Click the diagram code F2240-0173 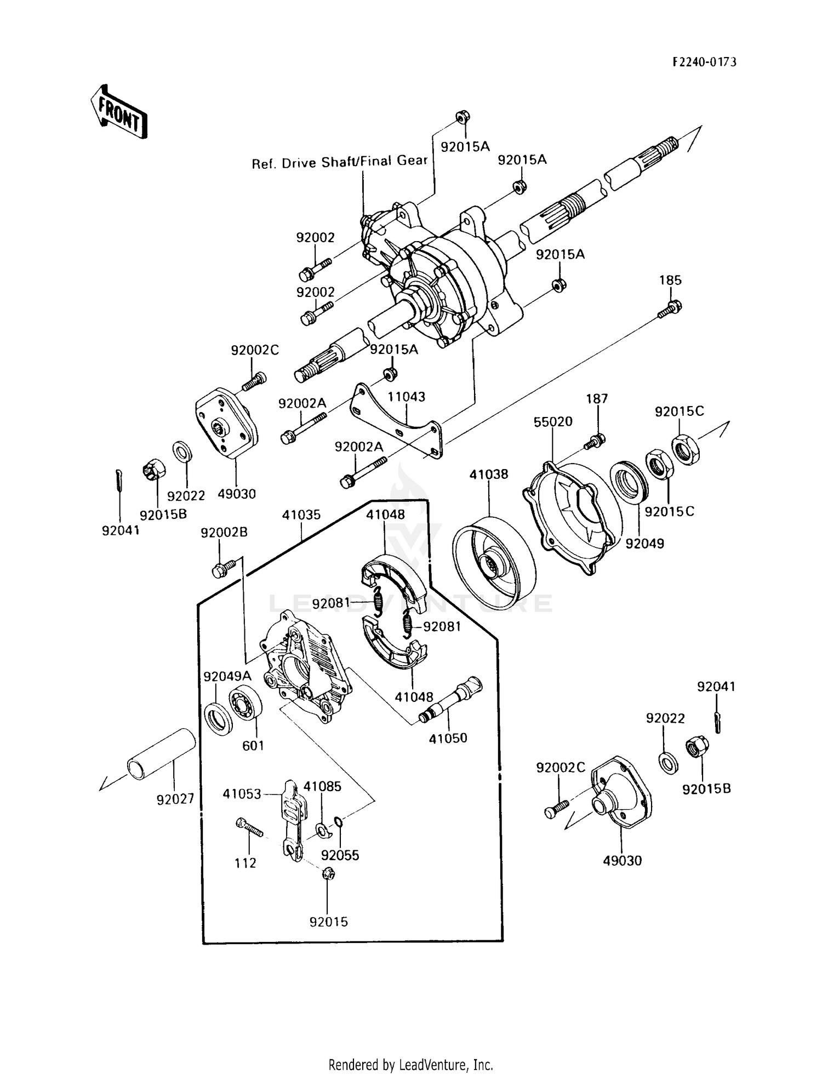[704, 62]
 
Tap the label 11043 [406, 396]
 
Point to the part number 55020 [553, 421]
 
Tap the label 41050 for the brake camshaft [448, 738]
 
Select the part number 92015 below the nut [328, 922]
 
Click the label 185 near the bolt [670, 280]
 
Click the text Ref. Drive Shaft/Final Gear [339, 162]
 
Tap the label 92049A [227, 676]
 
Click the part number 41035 [301, 515]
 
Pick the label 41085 [322, 786]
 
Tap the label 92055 [340, 855]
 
